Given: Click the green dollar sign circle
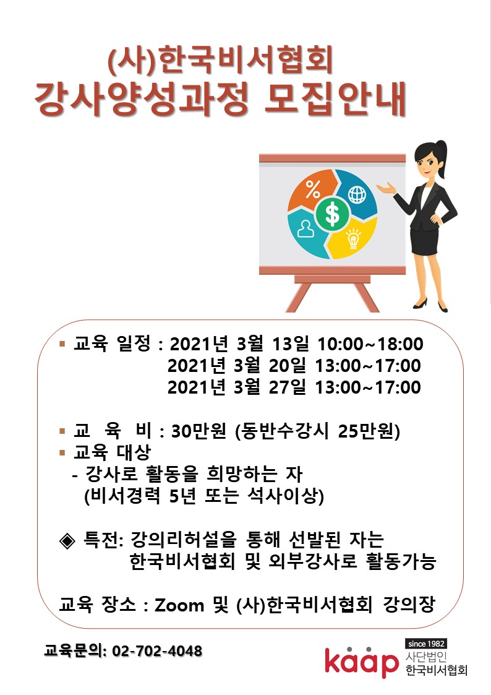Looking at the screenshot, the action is point(332,214).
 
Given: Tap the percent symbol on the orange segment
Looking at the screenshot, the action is point(313,190).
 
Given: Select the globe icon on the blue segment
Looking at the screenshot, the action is point(357,194).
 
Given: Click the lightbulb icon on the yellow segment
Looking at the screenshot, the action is point(353,238).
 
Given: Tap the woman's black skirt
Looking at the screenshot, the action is point(425,241).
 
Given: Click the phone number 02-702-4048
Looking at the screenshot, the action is point(157,650).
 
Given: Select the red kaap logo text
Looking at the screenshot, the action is point(361,661).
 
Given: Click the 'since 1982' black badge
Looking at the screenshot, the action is point(426,644).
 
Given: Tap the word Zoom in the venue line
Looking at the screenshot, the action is point(179,605).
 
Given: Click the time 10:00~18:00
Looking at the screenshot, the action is point(370,344).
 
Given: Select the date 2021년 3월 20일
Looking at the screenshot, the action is point(236,366).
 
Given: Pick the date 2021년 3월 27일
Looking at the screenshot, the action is point(236,387).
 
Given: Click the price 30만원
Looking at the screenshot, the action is point(199,431).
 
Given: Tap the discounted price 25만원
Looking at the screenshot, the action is point(365,431).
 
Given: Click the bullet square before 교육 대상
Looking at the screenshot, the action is point(62,452).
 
